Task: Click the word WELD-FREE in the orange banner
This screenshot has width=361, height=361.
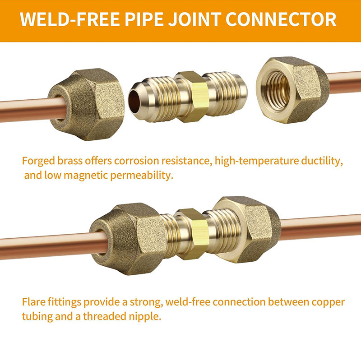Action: coord(70,19)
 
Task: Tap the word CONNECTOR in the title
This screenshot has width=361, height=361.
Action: coord(281,19)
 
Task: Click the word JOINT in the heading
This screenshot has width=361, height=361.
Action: coord(194,19)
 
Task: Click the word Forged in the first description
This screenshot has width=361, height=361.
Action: coord(39,161)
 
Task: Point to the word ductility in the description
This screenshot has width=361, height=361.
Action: coord(322,161)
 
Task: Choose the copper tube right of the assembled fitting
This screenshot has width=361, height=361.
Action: coord(320,227)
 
